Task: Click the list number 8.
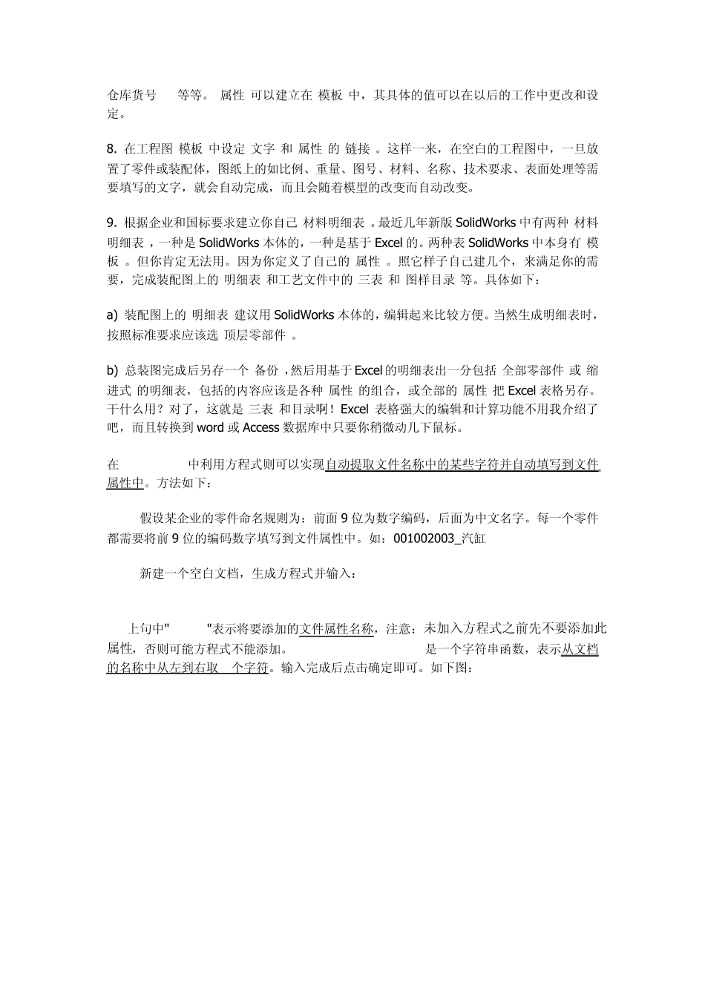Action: coord(111,149)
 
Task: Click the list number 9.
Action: coord(111,223)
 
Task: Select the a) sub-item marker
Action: coord(113,315)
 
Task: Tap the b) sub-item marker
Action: coord(113,370)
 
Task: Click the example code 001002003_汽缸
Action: coord(439,539)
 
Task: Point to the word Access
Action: coord(260,428)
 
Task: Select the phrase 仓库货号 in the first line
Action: coord(132,95)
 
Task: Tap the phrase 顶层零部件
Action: coord(255,335)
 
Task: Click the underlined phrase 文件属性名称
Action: coord(336,629)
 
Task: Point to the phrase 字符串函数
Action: coord(505,649)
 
